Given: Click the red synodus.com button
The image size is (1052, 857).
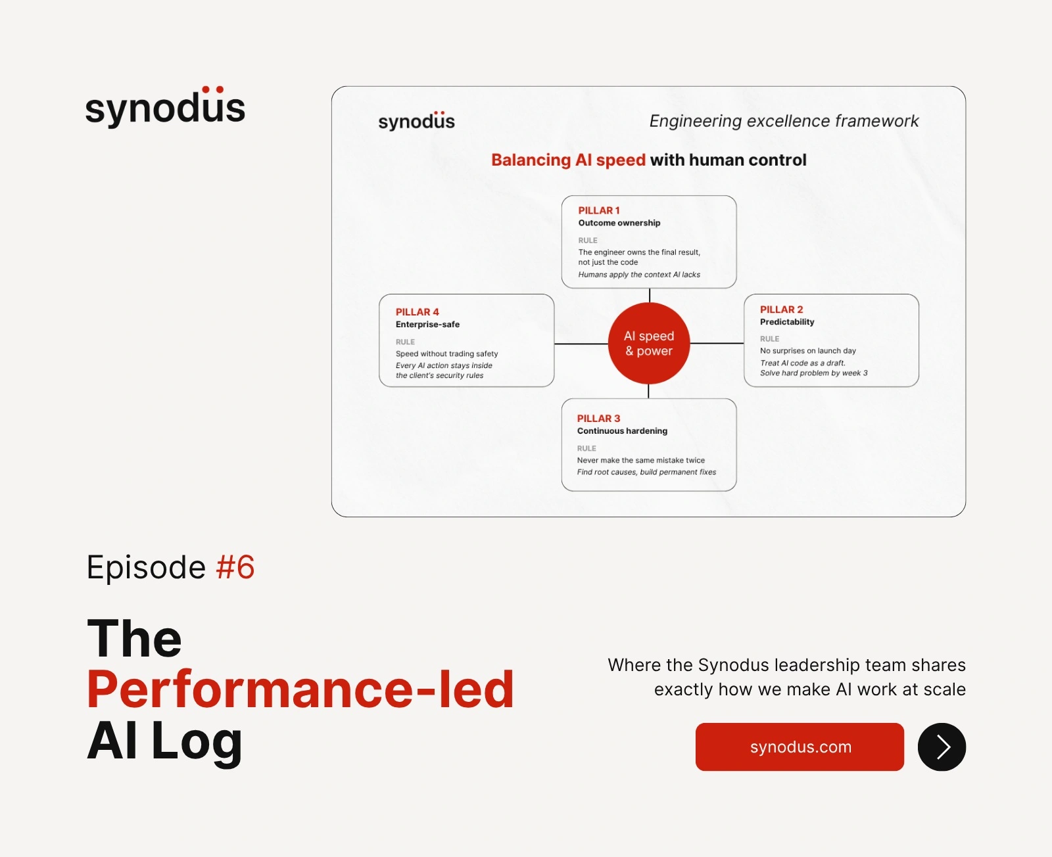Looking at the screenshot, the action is (x=800, y=747).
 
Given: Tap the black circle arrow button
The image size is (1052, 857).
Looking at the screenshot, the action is (x=942, y=747).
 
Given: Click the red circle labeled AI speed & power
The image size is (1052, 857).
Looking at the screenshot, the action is (x=649, y=343).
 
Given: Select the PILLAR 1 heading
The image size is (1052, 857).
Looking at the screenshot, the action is (x=598, y=210).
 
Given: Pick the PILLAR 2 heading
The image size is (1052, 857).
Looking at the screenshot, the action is (x=781, y=310).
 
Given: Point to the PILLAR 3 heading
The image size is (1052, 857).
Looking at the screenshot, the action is (x=598, y=418).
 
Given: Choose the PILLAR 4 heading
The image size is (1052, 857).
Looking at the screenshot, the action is (x=418, y=312).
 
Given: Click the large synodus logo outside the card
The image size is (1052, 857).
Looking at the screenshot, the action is (x=166, y=106).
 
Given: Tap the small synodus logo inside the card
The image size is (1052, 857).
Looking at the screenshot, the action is (x=416, y=121).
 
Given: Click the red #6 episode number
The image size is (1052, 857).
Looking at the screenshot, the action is (x=235, y=567).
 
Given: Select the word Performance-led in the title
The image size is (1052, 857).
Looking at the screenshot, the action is (x=300, y=689).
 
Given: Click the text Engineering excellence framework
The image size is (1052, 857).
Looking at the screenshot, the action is (x=784, y=121).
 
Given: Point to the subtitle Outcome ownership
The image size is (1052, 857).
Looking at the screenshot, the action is (x=619, y=223).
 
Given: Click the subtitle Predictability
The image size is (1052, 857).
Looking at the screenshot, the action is (x=787, y=322).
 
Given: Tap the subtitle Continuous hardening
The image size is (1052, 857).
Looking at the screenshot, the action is (x=622, y=430).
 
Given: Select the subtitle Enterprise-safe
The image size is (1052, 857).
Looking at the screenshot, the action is (x=428, y=325).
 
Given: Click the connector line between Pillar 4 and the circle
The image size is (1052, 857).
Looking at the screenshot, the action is (x=581, y=344).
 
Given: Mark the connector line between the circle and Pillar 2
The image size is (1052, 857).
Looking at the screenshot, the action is (x=717, y=343).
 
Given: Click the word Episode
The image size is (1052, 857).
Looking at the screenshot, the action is (x=146, y=568).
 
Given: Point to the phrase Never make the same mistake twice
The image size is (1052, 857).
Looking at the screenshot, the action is (x=641, y=460).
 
